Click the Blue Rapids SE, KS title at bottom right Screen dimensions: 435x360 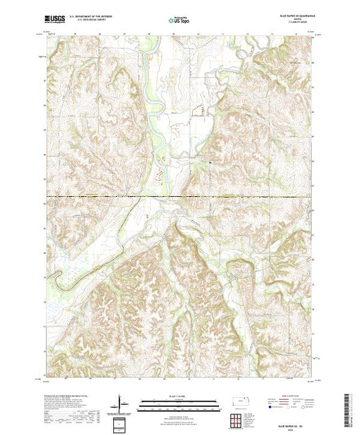coord(298,415)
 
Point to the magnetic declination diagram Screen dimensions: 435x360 coord(122,402)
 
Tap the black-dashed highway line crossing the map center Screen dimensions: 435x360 coord(180,198)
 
